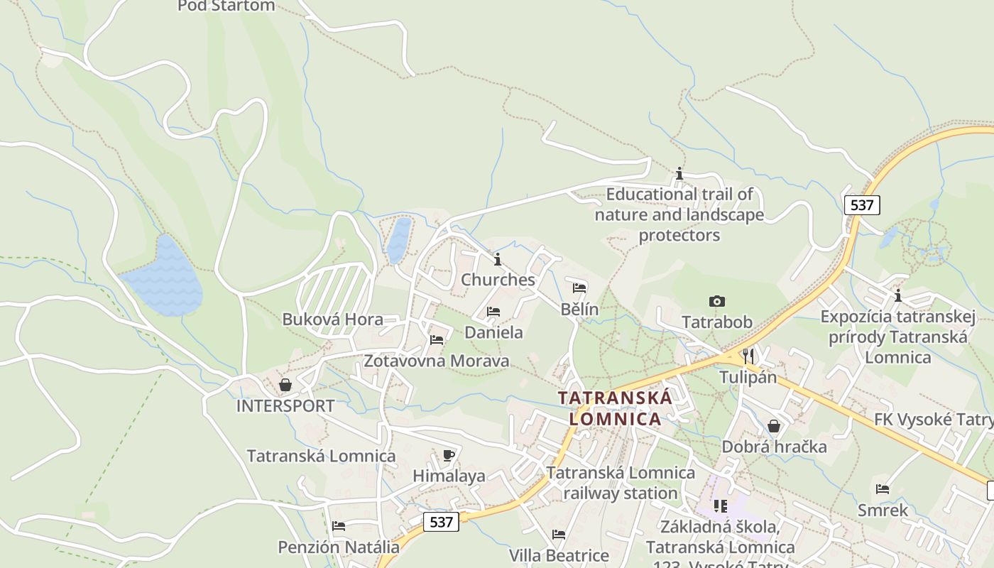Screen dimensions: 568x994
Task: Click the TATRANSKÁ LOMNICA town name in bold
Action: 615,408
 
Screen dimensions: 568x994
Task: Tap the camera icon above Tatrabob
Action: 717,302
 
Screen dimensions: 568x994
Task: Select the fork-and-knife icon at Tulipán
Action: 748,356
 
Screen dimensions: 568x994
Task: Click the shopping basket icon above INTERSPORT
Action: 285,385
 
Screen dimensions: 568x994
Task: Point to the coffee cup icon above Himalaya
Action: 448,455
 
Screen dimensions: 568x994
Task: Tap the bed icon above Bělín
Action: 579,288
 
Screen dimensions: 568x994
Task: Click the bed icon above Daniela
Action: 493,312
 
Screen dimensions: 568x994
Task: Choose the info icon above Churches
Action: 498,259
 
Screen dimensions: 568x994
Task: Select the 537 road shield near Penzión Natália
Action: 441,522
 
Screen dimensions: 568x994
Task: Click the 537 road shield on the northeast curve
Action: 862,205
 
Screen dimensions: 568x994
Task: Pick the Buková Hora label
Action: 333,319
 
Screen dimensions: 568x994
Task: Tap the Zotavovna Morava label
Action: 436,361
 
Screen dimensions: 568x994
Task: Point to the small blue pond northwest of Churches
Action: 399,240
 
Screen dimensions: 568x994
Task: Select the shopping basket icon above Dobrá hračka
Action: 774,426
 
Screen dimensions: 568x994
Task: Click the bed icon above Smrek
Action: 883,489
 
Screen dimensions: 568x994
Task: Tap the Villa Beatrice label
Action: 559,555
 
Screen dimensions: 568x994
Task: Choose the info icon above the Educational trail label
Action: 679,173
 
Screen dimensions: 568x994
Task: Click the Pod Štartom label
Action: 226,6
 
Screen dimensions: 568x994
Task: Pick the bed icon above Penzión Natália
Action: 339,526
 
